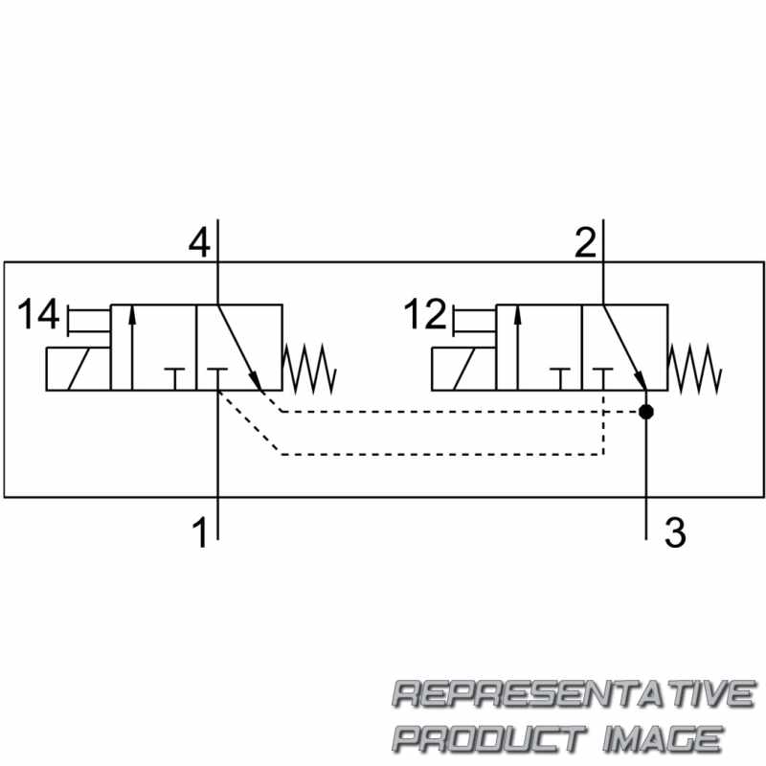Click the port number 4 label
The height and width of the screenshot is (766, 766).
(199, 243)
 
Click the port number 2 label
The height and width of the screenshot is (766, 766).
(585, 243)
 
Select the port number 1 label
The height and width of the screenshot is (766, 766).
(200, 532)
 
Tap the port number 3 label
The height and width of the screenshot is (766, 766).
(675, 532)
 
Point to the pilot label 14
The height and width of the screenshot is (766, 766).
(38, 314)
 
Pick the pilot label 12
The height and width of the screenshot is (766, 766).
(425, 314)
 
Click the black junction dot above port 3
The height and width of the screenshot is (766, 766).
(646, 412)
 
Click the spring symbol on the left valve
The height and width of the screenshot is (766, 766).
(309, 369)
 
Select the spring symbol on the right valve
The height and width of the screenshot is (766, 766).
(695, 369)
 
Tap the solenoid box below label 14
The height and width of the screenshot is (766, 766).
(79, 369)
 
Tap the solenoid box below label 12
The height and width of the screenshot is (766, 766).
(464, 369)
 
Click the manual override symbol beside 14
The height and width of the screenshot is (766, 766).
(89, 321)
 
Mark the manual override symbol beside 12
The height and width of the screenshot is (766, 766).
(474, 321)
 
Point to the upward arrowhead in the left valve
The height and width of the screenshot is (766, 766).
(131, 316)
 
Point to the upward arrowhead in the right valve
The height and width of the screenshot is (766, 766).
(517, 316)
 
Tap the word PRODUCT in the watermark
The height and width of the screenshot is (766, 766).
(489, 738)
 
